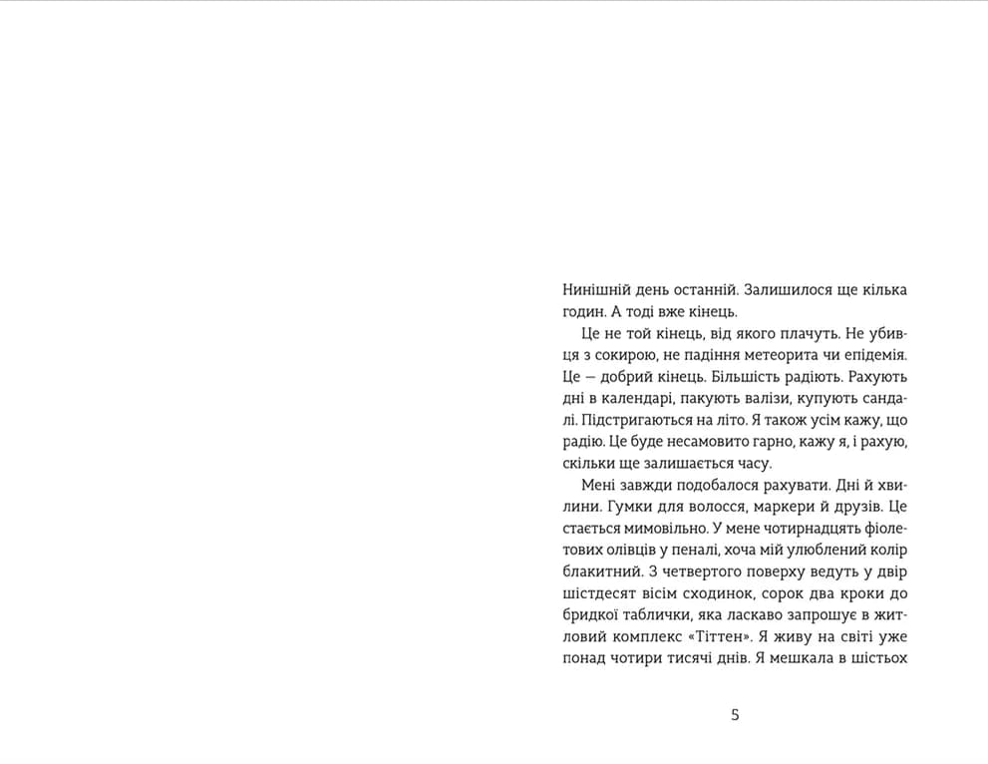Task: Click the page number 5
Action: [735, 714]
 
